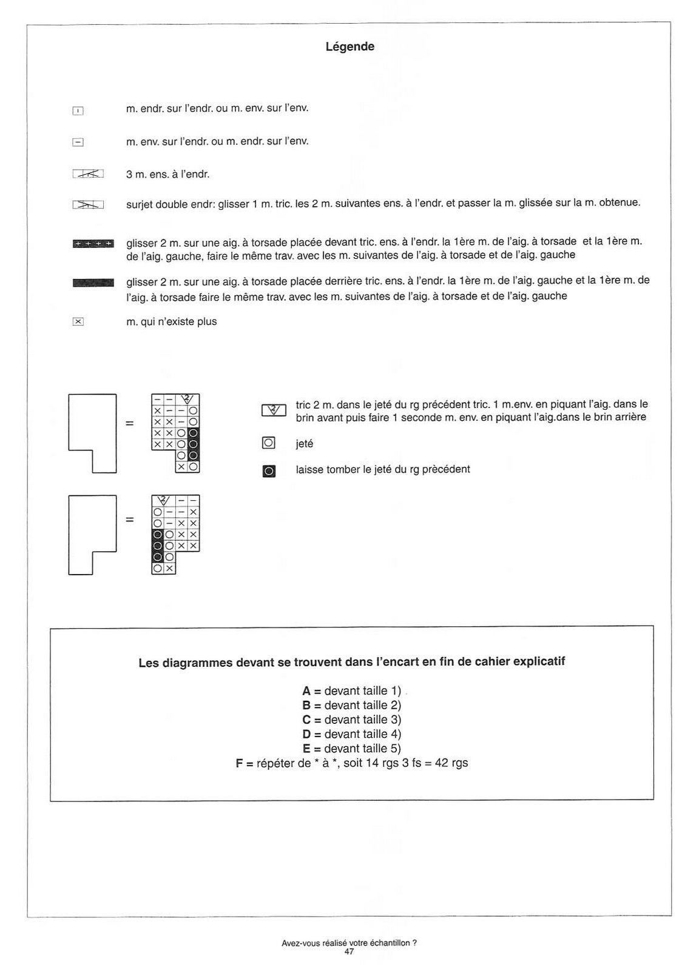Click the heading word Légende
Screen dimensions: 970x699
[349, 47]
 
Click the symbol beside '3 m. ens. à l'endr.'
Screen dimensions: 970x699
[88, 174]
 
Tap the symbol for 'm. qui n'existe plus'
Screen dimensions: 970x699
[78, 322]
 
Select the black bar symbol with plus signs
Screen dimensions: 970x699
[93, 244]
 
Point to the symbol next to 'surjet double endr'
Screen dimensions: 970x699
[88, 205]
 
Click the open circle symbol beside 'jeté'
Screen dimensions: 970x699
[268, 443]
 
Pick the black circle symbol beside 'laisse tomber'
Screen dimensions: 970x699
[269, 470]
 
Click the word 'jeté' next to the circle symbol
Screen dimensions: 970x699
[305, 444]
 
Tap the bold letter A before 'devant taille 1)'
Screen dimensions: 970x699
[306, 691]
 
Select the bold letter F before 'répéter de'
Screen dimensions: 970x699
[240, 763]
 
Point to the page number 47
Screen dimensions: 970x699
[349, 952]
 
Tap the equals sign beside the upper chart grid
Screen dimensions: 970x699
[129, 423]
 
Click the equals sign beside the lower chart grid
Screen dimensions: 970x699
[129, 520]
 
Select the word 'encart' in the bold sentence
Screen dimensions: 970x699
[400, 662]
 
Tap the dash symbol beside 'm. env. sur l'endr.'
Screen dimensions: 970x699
[78, 142]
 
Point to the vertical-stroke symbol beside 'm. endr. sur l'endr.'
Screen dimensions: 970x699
[78, 110]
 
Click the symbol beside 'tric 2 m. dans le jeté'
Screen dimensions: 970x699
[274, 410]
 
